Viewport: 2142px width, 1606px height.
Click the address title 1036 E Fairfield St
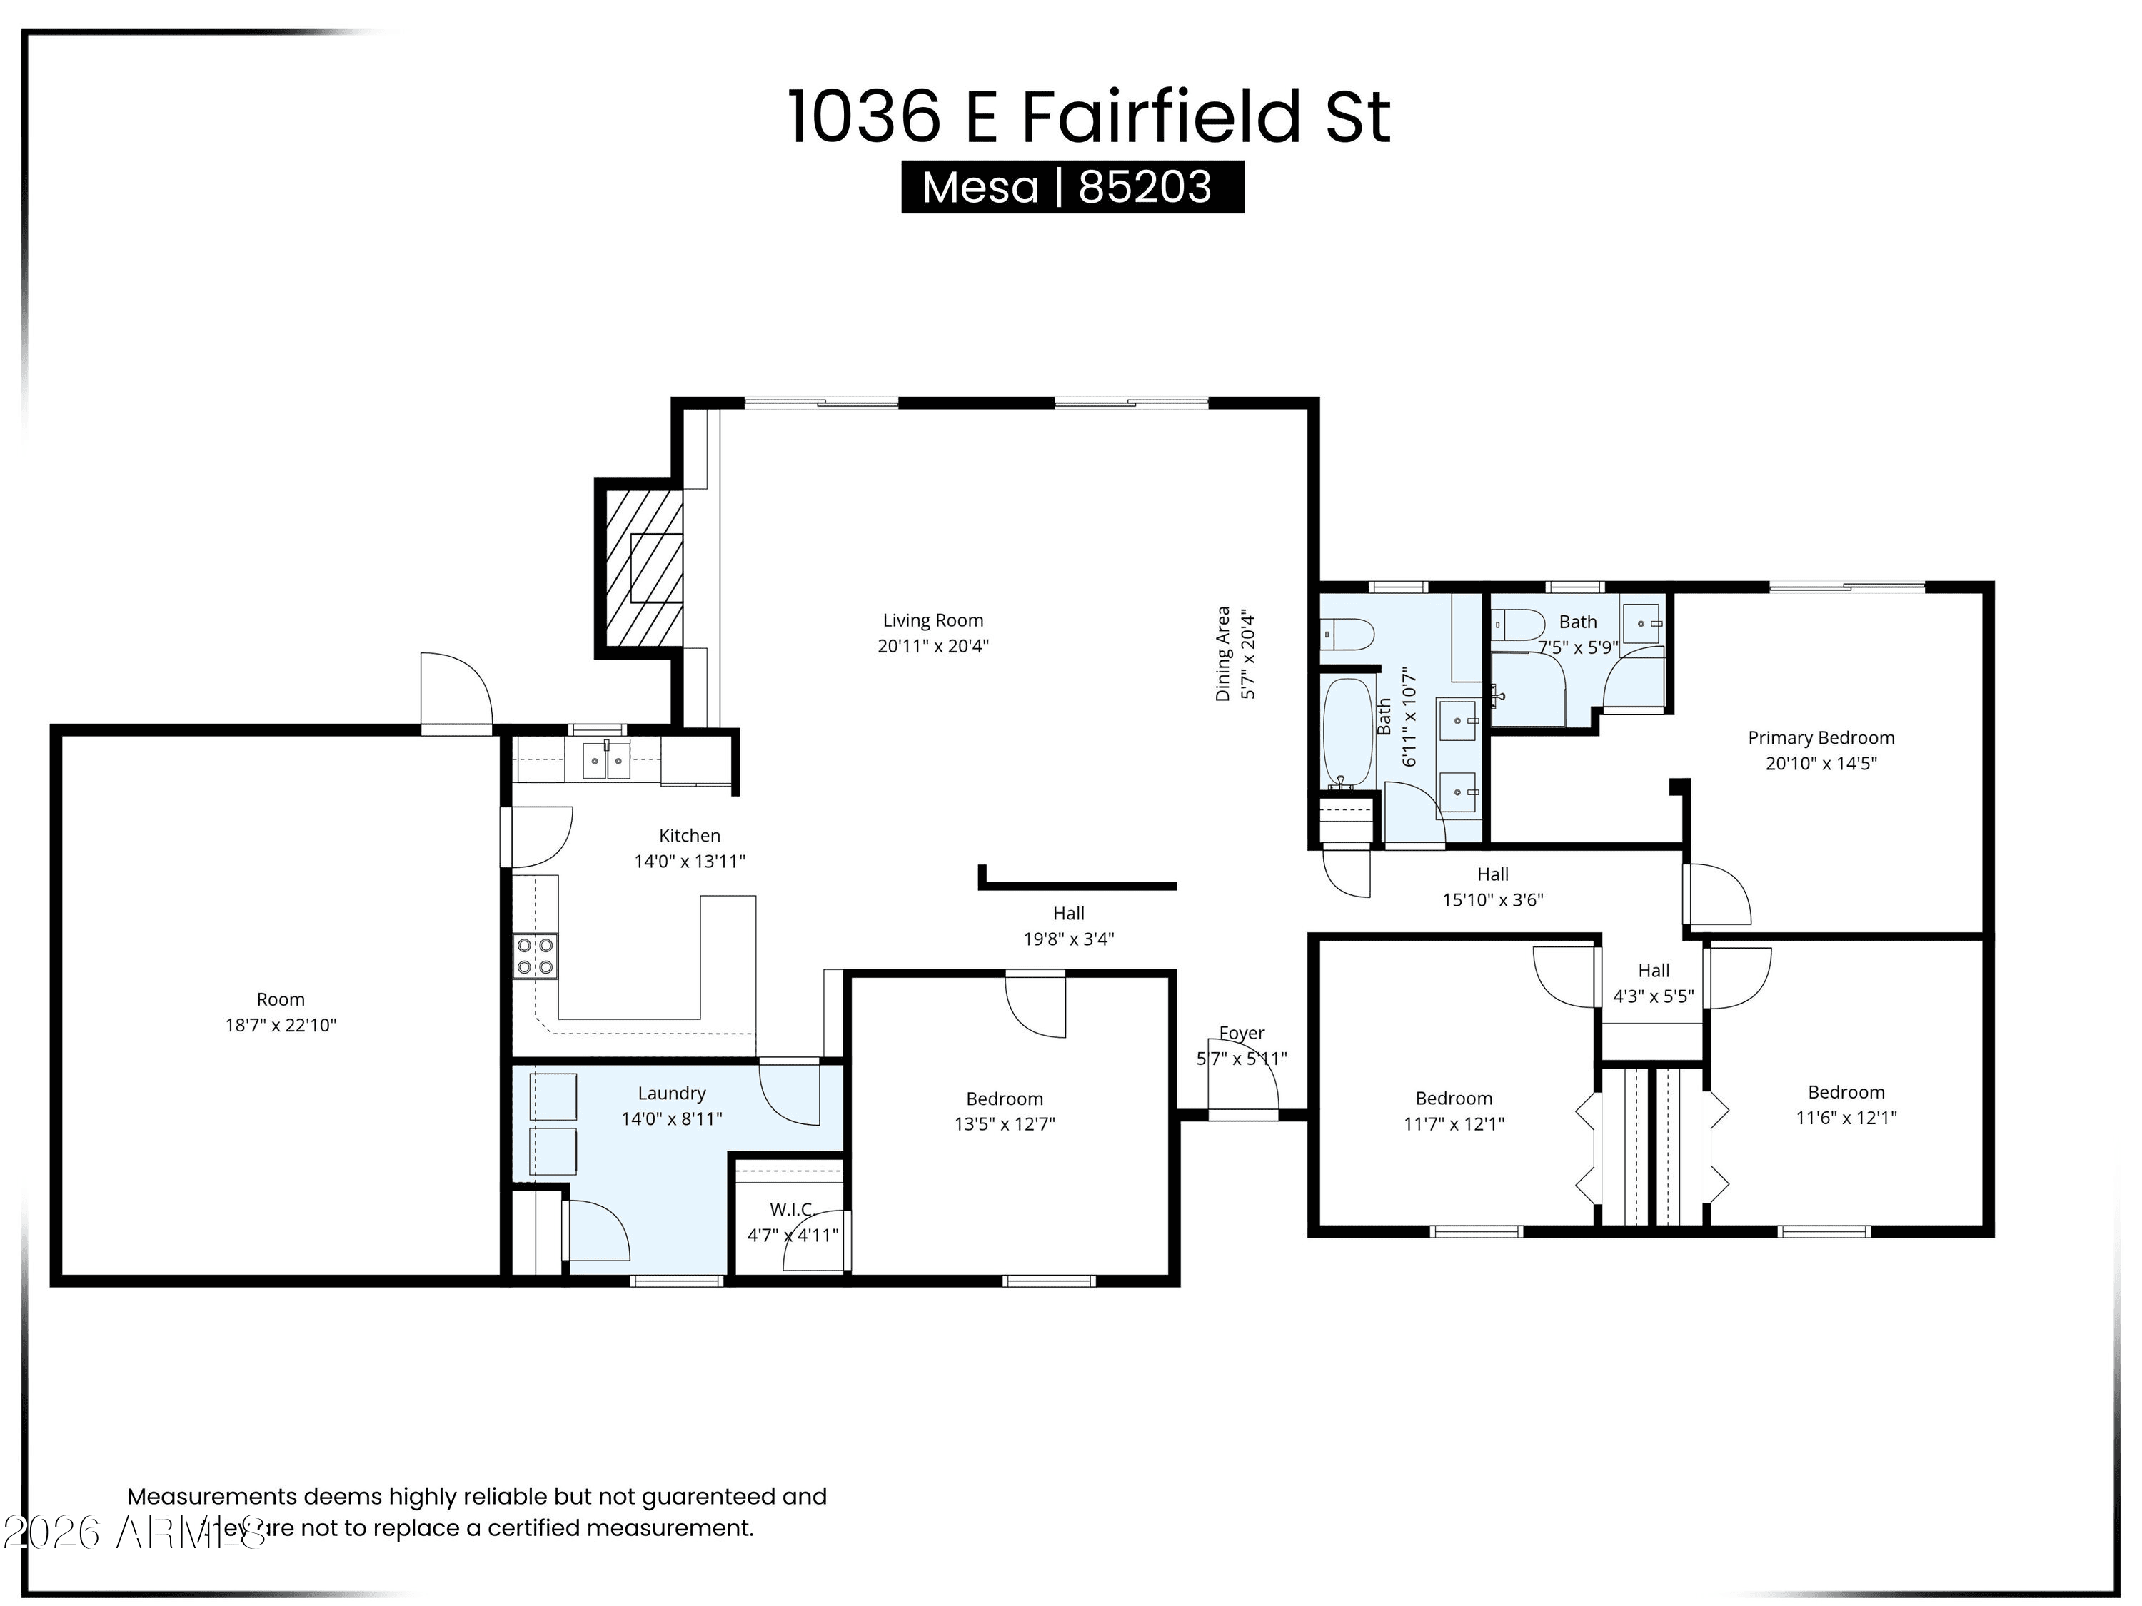pos(1088,117)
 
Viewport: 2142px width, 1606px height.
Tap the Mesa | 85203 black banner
pos(1072,187)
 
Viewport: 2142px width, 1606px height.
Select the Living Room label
pos(932,620)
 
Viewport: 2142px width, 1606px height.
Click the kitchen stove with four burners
pos(535,956)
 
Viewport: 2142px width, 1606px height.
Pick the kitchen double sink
pos(606,761)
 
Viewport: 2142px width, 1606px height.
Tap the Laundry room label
pos(671,1093)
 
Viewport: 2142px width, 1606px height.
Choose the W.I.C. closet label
pos(791,1209)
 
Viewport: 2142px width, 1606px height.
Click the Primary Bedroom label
pos(1821,737)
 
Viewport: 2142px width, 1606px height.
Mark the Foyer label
pos(1242,1033)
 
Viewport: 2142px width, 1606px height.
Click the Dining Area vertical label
pos(1223,653)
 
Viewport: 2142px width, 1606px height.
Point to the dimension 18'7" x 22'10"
pos(281,1025)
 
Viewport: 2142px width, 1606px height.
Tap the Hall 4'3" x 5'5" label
pos(1653,984)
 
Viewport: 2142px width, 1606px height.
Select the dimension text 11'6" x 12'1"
pos(1846,1117)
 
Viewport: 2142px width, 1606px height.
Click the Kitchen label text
pos(690,835)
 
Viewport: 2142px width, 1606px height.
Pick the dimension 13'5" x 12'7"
pos(1004,1124)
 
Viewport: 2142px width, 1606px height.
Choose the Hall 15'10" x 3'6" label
pos(1492,887)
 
